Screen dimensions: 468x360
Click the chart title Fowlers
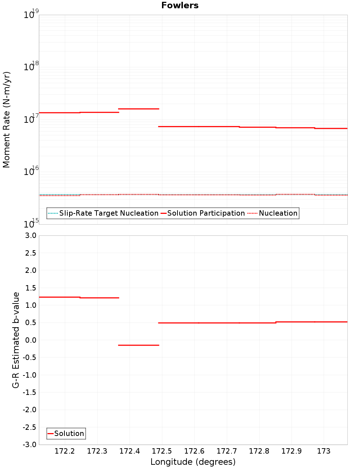click(180, 5)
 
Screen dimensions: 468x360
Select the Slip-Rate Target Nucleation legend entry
click(108, 213)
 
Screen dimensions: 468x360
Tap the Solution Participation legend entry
click(206, 213)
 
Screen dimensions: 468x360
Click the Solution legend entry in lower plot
click(69, 433)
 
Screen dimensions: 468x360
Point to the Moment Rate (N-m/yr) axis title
click(7, 120)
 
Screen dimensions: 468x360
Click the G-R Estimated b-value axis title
click(16, 340)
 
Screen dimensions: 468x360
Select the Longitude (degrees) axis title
click(193, 462)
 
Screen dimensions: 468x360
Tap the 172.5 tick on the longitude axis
click(162, 451)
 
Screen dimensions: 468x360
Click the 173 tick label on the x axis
click(324, 451)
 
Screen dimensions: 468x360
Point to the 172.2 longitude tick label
click(65, 451)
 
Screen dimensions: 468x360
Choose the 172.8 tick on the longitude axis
click(259, 451)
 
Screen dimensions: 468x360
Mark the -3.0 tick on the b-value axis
click(30, 445)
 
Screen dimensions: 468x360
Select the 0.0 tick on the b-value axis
click(31, 340)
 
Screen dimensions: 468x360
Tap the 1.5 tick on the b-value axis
click(31, 288)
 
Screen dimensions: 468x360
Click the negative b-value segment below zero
click(139, 345)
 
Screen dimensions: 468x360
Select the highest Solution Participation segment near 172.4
click(139, 109)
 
